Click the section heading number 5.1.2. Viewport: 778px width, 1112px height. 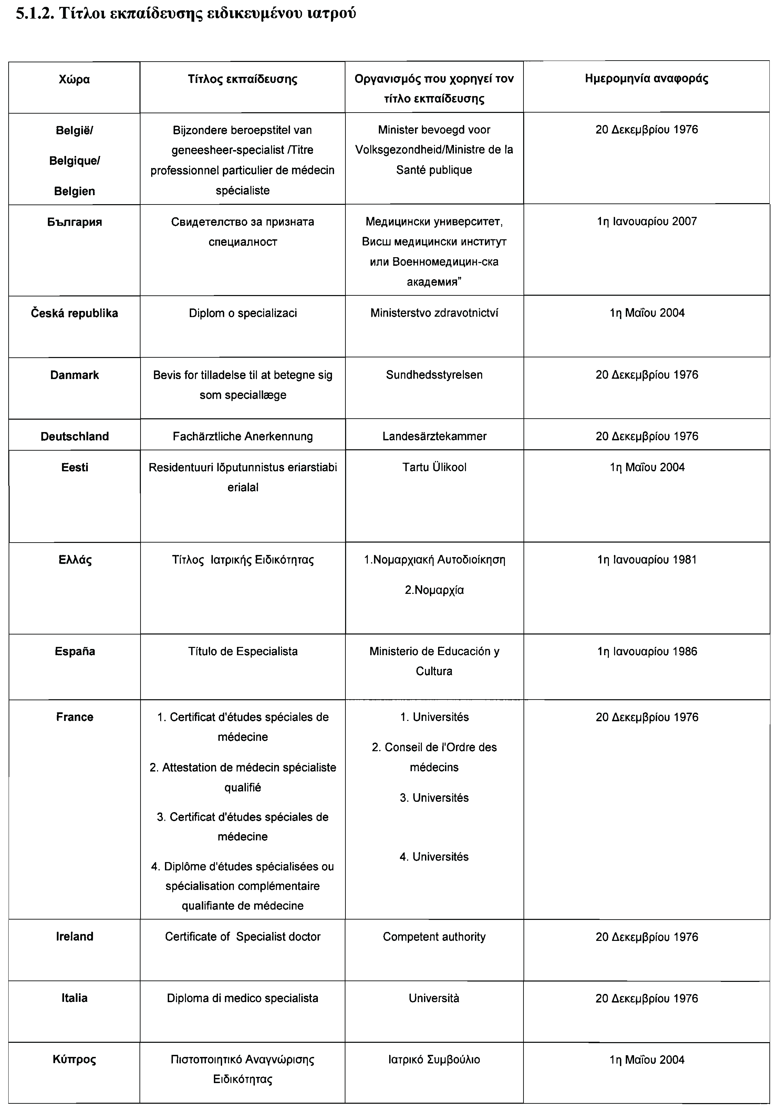(x=34, y=13)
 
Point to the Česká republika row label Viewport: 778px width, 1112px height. (x=75, y=313)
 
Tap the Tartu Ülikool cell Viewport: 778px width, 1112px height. (x=434, y=468)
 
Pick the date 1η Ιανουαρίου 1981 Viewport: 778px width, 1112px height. (x=647, y=560)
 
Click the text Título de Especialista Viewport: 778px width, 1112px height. (x=243, y=651)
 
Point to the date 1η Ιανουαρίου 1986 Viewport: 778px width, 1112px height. (x=647, y=651)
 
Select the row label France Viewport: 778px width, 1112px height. (x=75, y=717)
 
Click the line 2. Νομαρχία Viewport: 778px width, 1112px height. (x=434, y=590)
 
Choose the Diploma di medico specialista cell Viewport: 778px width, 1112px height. (x=243, y=998)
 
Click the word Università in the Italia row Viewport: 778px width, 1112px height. (x=434, y=998)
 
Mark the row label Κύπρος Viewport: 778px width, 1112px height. (x=75, y=1060)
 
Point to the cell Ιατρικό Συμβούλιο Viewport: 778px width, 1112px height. (x=434, y=1060)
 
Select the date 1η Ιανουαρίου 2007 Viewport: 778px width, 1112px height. (x=647, y=222)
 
